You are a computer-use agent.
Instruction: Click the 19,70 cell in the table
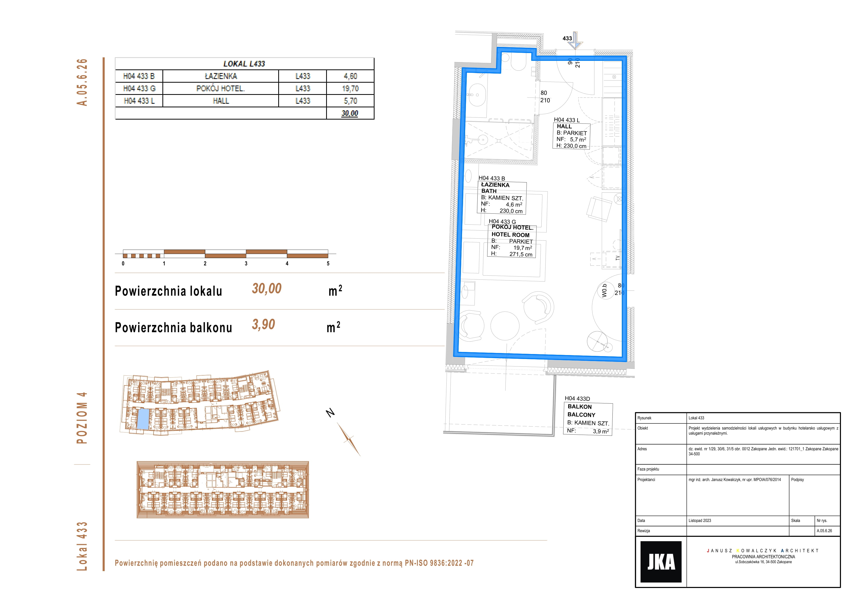pyautogui.click(x=350, y=88)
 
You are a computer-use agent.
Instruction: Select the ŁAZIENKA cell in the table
pyautogui.click(x=221, y=76)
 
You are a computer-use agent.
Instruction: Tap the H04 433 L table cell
pyautogui.click(x=139, y=101)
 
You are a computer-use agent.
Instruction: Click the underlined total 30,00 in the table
pyautogui.click(x=350, y=113)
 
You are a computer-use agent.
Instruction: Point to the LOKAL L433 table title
pyautogui.click(x=244, y=64)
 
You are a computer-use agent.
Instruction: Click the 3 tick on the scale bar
pyautogui.click(x=246, y=263)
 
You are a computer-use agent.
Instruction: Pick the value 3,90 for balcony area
pyautogui.click(x=263, y=324)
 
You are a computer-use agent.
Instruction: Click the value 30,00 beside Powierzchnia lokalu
pyautogui.click(x=267, y=289)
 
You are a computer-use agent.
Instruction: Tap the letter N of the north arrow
pyautogui.click(x=330, y=413)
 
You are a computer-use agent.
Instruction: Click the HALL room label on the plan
pyautogui.click(x=564, y=127)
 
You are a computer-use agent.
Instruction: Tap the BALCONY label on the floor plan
pyautogui.click(x=581, y=415)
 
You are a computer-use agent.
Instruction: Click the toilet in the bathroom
pyautogui.click(x=519, y=63)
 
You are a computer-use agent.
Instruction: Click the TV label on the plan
pyautogui.click(x=618, y=258)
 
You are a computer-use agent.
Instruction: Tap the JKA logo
pyautogui.click(x=661, y=561)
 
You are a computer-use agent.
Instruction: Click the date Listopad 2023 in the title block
pyautogui.click(x=700, y=521)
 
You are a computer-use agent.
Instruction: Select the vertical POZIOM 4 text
pyautogui.click(x=82, y=418)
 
